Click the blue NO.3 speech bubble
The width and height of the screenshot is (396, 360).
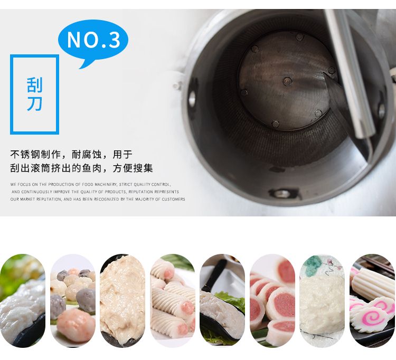tap(93, 41)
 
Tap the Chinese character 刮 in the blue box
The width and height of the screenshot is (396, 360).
tap(35, 85)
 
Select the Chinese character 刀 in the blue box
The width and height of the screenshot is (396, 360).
tap(35, 103)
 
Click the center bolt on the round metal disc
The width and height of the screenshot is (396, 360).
tap(287, 81)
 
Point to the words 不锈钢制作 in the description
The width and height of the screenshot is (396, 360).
tap(35, 154)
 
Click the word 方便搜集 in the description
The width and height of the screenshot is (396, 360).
tap(133, 168)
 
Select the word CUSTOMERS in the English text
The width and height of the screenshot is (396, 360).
tap(174, 199)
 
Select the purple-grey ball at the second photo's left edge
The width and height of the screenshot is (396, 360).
tap(58, 308)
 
